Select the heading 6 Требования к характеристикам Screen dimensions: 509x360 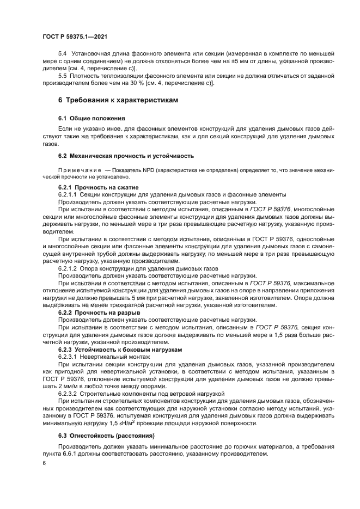[112, 101]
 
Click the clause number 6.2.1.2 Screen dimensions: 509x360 [68, 268]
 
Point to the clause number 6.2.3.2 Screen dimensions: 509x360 [68, 392]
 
